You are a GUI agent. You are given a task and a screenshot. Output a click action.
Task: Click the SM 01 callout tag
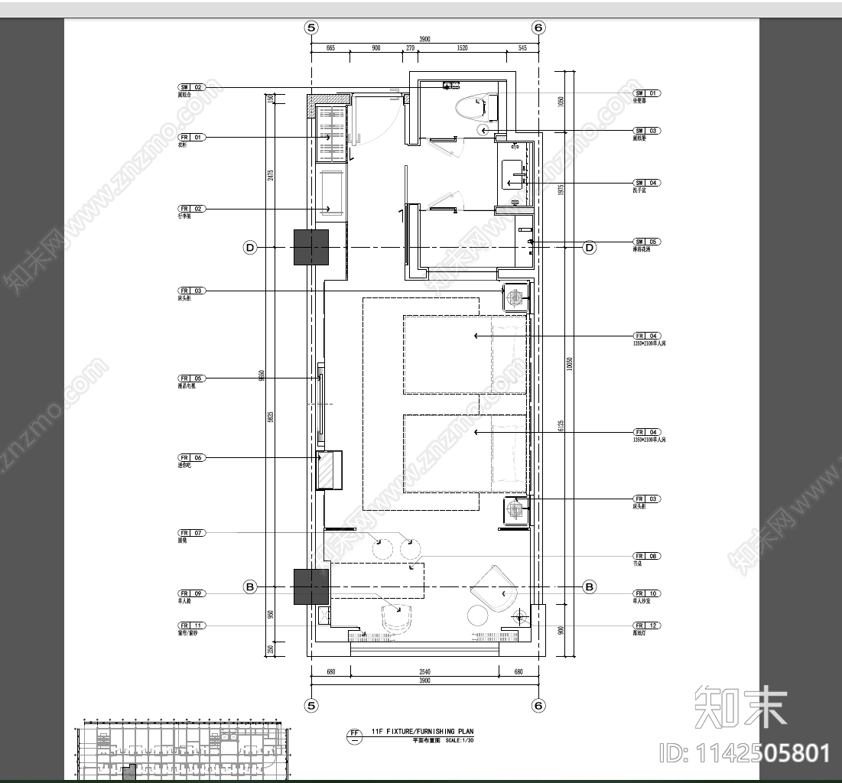(x=646, y=93)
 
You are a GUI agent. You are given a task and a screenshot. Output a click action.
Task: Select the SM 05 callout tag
(x=646, y=242)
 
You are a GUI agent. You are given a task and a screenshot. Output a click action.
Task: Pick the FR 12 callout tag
(x=646, y=625)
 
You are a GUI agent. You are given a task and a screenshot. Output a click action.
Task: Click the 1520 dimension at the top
(x=462, y=47)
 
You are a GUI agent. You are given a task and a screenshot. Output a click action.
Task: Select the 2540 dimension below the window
(x=424, y=671)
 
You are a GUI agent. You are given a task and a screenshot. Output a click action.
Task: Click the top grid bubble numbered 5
(x=310, y=28)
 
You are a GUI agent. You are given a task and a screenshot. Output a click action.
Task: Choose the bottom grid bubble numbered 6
(x=538, y=705)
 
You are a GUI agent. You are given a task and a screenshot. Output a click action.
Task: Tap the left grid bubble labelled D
(x=249, y=247)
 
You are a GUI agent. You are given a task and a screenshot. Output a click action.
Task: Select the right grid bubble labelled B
(x=590, y=587)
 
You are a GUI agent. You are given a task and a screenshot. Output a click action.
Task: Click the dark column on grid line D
(x=311, y=247)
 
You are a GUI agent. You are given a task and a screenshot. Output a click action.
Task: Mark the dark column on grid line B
(x=311, y=586)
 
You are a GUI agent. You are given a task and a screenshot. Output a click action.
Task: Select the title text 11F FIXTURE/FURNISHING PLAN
(x=422, y=732)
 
